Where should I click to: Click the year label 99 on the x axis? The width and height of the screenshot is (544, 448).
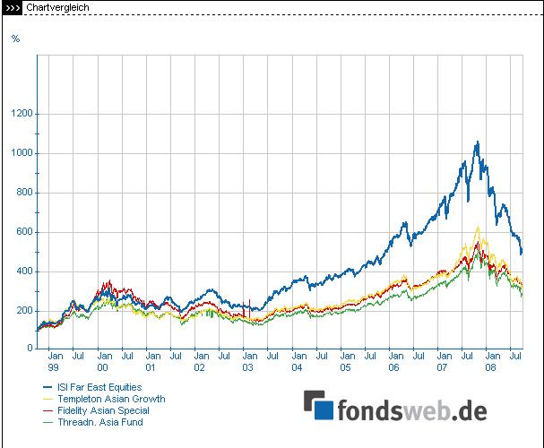coord(53,367)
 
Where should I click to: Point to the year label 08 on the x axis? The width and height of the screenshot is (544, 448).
coord(491,367)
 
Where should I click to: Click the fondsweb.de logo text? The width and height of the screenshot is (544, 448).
coord(411,410)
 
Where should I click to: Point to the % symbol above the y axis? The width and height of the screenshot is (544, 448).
coord(15,38)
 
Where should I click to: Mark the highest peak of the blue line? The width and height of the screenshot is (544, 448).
coord(478,142)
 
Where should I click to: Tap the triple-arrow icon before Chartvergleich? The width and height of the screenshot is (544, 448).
coord(13,7)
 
